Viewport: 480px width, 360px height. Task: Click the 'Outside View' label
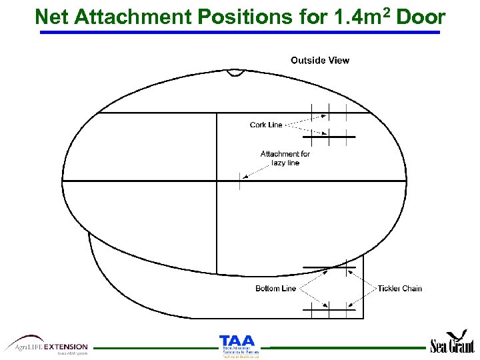click(319, 61)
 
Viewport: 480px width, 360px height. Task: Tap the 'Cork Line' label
click(266, 125)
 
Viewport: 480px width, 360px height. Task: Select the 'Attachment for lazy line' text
click(285, 158)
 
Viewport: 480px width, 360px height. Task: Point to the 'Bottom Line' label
click(275, 289)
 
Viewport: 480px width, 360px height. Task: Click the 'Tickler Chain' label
click(400, 289)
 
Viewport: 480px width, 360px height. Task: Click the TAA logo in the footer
click(237, 346)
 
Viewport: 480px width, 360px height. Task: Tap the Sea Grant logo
click(453, 343)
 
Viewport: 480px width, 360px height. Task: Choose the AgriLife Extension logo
click(47, 345)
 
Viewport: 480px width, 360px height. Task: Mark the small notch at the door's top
click(235, 72)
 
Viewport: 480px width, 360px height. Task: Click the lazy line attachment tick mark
click(239, 181)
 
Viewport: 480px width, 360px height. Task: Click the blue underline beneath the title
click(240, 32)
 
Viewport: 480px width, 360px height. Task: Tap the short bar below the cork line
click(329, 137)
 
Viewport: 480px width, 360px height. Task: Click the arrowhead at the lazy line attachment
click(245, 177)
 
